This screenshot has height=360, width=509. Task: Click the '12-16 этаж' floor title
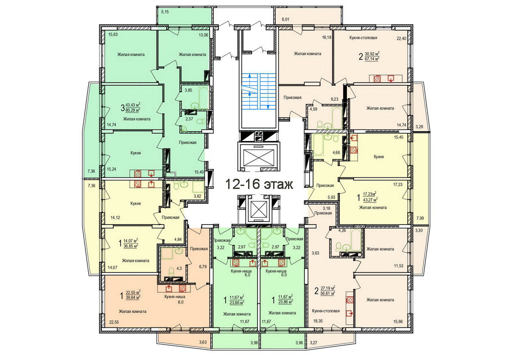click(x=259, y=184)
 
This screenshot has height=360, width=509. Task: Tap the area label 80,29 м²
click(x=133, y=110)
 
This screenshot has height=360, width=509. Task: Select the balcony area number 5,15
click(x=165, y=12)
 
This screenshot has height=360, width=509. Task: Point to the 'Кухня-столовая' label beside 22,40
click(x=363, y=38)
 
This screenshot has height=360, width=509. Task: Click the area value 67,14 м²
click(x=372, y=59)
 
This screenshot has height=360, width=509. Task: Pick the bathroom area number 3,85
click(x=188, y=90)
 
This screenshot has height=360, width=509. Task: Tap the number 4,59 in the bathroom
click(x=313, y=109)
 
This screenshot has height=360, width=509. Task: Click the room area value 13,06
click(x=203, y=35)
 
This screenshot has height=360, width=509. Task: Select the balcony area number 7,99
click(x=420, y=218)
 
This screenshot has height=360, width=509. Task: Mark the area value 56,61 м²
click(x=328, y=293)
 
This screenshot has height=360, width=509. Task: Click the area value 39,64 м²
click(x=133, y=298)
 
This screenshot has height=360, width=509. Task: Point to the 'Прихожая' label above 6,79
click(x=199, y=249)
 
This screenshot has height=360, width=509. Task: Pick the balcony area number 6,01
click(x=285, y=20)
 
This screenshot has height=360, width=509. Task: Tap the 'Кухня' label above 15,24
click(x=135, y=153)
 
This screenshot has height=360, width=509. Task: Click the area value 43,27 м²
click(x=370, y=200)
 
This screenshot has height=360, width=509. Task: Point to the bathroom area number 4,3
click(x=179, y=268)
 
